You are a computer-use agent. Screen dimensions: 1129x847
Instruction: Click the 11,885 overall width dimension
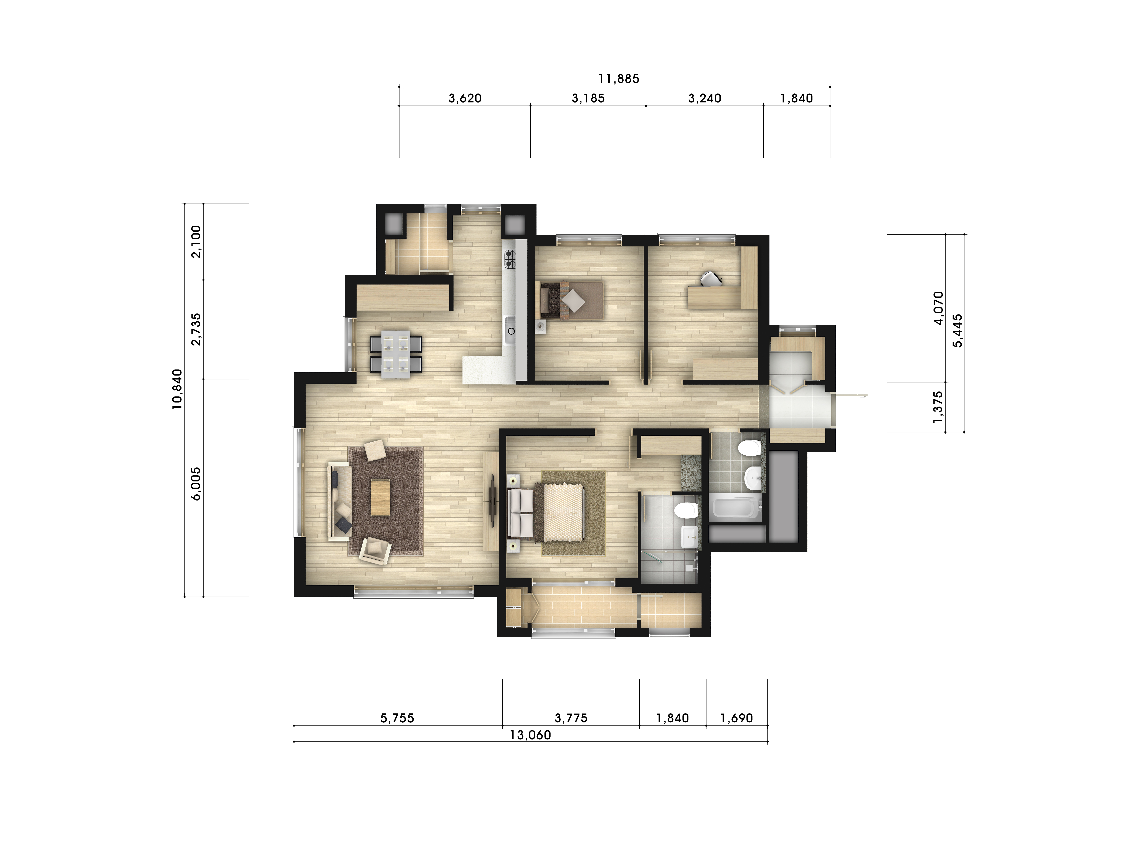pos(619,79)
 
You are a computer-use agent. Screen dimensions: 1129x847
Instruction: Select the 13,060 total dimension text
pos(530,735)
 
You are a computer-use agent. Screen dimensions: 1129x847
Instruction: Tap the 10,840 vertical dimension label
pos(177,389)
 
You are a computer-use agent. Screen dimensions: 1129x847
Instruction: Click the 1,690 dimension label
pos(736,718)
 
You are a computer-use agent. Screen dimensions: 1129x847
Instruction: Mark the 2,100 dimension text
pos(196,242)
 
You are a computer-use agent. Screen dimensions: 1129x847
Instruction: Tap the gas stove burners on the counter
pos(510,259)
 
